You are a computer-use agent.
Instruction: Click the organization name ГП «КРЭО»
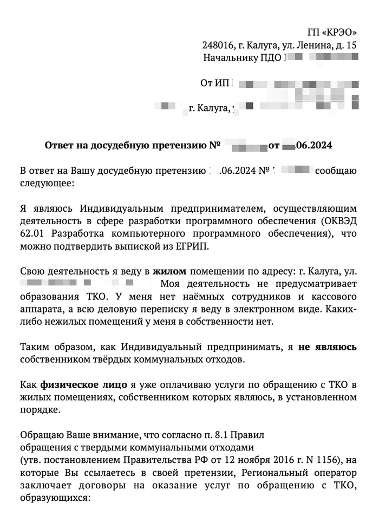pos(332,32)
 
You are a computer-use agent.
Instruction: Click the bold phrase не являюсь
pos(328,348)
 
